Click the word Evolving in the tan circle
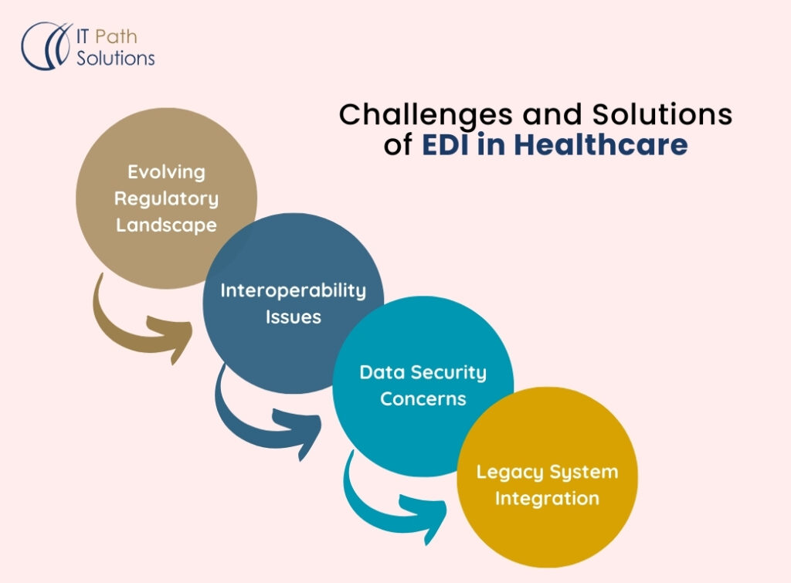tap(166, 171)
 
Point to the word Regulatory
tap(166, 198)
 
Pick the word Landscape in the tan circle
tap(166, 225)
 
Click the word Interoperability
tap(293, 290)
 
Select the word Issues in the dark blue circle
tap(293, 317)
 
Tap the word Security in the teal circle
tap(448, 372)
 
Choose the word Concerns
tap(423, 399)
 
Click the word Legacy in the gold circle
tap(507, 472)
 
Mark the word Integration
tap(547, 499)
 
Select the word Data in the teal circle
tap(382, 372)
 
